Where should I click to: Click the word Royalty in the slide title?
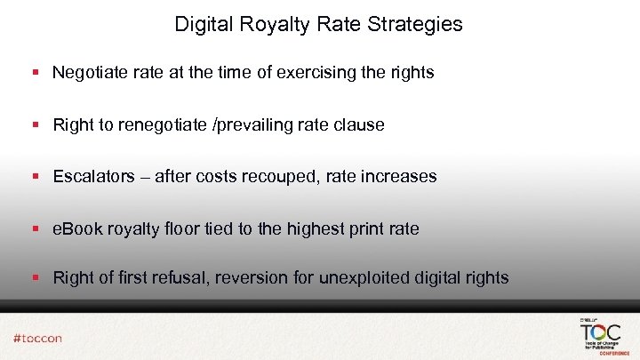(x=267, y=24)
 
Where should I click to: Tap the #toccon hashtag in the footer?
(x=37, y=338)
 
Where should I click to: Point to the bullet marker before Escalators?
(x=36, y=176)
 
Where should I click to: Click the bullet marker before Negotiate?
(x=36, y=73)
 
